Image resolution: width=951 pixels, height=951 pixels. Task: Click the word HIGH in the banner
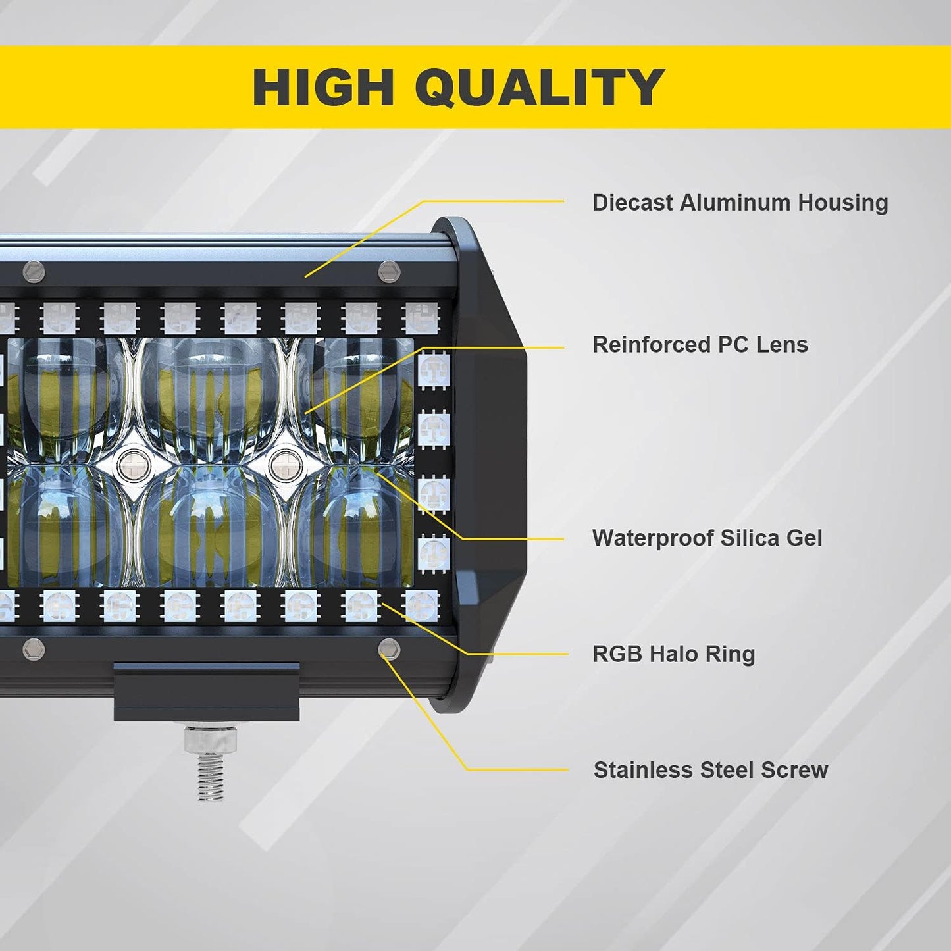click(323, 87)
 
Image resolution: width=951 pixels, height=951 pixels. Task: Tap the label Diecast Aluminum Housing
click(740, 203)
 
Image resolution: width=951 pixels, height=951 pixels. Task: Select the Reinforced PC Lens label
click(700, 344)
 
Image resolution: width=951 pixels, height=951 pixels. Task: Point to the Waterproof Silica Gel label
click(707, 538)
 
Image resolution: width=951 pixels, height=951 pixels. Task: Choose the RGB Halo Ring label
click(673, 654)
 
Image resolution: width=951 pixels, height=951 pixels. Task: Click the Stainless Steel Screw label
click(710, 770)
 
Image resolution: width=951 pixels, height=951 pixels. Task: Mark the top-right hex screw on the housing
click(389, 271)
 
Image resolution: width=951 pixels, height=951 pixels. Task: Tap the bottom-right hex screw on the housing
click(389, 650)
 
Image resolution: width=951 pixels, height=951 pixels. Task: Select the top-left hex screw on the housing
click(34, 271)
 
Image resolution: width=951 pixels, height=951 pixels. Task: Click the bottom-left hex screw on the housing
click(34, 650)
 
